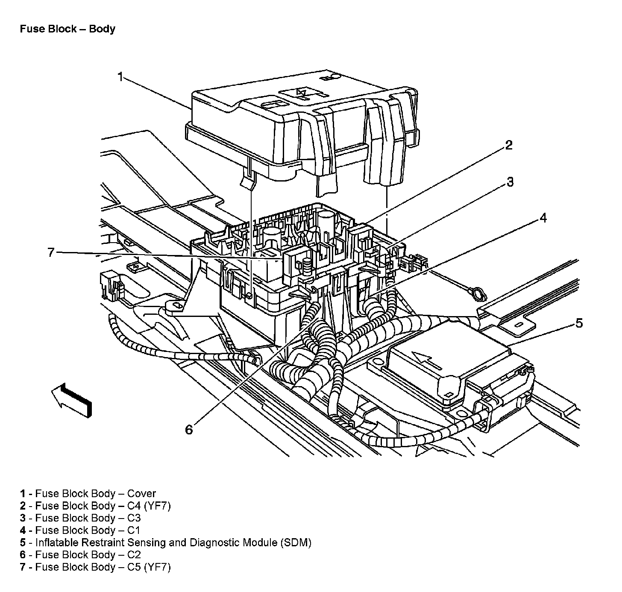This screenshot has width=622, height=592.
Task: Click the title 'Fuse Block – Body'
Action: pyautogui.click(x=67, y=29)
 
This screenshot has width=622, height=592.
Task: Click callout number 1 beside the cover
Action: pyautogui.click(x=120, y=77)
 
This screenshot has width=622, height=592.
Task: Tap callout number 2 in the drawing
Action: pyautogui.click(x=508, y=145)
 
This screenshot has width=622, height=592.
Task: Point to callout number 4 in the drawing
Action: pyautogui.click(x=543, y=218)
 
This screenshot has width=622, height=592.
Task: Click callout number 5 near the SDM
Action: pyautogui.click(x=578, y=323)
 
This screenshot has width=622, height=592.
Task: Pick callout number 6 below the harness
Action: pyautogui.click(x=189, y=429)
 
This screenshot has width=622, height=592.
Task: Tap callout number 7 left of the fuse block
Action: pyautogui.click(x=51, y=253)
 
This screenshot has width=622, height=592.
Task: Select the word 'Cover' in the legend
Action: pyautogui.click(x=141, y=494)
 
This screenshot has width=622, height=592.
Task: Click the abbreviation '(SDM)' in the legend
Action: pyautogui.click(x=296, y=543)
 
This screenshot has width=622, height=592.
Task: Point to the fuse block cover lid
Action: pyautogui.click(x=273, y=115)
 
